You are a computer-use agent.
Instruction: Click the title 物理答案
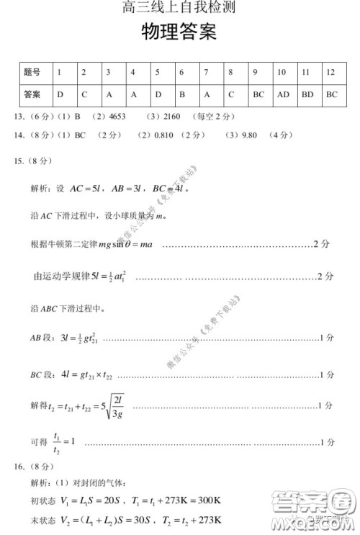click(179, 33)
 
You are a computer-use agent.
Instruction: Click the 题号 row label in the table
click(32, 73)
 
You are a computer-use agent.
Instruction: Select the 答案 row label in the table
click(32, 94)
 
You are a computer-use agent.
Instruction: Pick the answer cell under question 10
click(283, 94)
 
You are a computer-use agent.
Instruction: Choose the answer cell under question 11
click(307, 94)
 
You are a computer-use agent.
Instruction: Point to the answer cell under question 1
click(60, 94)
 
